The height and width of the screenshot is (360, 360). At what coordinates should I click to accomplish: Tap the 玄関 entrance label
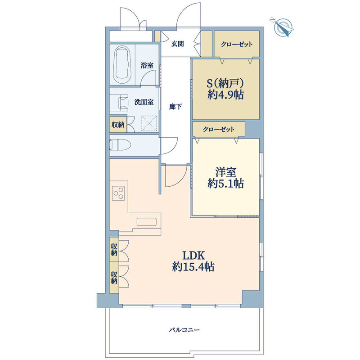click(177, 44)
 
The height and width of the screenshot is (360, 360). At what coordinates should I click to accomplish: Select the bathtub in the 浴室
click(122, 65)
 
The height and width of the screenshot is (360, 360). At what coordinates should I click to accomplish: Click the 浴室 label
click(147, 65)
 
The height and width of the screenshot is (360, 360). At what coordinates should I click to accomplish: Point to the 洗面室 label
click(144, 102)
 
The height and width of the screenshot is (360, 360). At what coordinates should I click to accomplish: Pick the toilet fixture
click(120, 145)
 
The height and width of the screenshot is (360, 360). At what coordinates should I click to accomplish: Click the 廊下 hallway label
click(175, 107)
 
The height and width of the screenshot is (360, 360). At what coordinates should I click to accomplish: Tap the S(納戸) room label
click(225, 84)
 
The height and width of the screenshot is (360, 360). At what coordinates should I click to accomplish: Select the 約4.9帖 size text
click(226, 94)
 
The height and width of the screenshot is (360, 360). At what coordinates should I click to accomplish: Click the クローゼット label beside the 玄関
click(237, 44)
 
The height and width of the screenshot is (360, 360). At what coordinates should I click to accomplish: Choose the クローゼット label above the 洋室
click(219, 130)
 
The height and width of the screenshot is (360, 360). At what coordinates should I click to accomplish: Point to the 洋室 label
click(226, 172)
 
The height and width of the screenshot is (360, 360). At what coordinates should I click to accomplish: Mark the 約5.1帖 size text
click(226, 184)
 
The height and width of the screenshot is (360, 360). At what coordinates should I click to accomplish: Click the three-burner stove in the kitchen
click(118, 193)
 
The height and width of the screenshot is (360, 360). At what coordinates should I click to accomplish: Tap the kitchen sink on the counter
click(147, 222)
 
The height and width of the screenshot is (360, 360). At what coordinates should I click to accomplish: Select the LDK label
click(193, 255)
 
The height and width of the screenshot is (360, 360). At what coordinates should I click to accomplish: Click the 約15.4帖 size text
click(193, 267)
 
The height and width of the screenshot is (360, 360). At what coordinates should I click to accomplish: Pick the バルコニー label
click(184, 330)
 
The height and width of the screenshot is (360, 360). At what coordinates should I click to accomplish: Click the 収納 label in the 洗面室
click(118, 125)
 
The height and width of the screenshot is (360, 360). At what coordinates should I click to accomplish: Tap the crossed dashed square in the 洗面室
click(149, 123)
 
